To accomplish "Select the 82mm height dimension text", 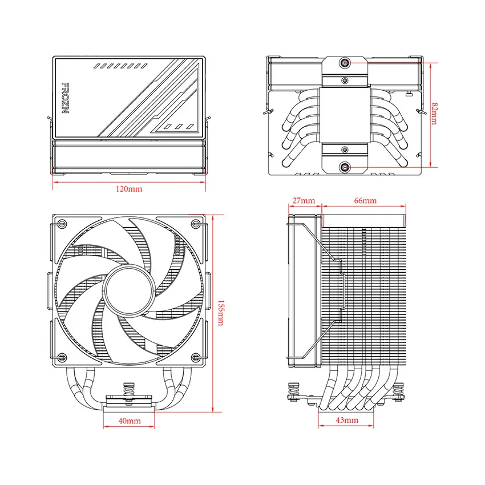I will point(435,114).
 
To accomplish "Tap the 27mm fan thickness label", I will point(303,201).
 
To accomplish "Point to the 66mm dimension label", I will point(365,201).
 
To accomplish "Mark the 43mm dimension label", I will point(347,420).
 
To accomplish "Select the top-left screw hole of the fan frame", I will point(62,223).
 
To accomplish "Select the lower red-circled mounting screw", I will point(345,167).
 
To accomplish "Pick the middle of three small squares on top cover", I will point(178,126).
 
